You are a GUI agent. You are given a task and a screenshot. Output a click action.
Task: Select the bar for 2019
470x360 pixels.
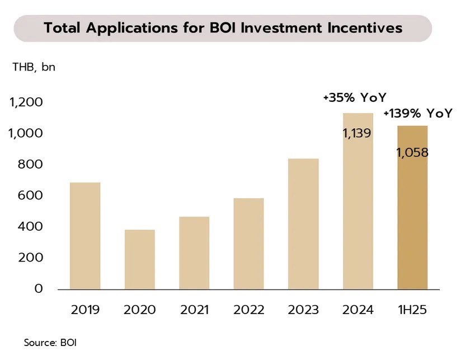85,236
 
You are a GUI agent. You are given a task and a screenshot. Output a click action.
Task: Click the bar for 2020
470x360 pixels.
139,259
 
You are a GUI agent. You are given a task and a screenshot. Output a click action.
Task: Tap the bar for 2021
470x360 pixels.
194,253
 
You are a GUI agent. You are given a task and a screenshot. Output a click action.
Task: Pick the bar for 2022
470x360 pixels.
248,244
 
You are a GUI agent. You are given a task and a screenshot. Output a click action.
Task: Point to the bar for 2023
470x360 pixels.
303,224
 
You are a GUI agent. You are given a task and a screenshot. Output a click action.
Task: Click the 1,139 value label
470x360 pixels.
357,133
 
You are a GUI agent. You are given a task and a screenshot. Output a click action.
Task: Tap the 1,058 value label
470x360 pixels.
412,152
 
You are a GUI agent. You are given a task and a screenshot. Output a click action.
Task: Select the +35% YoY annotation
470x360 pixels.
354,97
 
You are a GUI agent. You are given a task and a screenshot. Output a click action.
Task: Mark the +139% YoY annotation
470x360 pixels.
417,114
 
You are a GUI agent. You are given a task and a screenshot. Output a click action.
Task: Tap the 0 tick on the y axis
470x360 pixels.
38,289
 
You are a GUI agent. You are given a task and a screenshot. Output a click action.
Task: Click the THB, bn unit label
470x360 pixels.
34,68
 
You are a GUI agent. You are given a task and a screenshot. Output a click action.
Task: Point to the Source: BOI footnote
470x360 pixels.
50,342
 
